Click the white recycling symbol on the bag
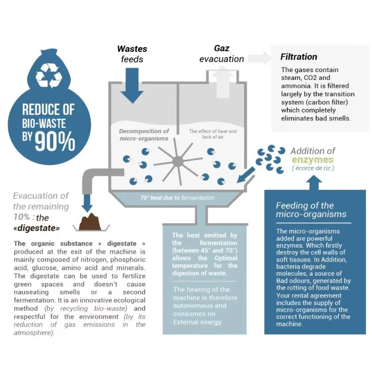[x=49, y=75]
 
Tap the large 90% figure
[x=55, y=142]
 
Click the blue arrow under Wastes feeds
[x=132, y=86]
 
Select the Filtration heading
[x=299, y=57]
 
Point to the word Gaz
[x=222, y=48]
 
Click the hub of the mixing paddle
[x=178, y=161]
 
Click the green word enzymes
[x=312, y=160]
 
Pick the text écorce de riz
[x=313, y=168]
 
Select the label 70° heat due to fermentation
[x=178, y=198]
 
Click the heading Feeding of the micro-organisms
[x=311, y=210]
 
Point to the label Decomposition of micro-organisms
[x=144, y=135]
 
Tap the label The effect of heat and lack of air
[x=213, y=134]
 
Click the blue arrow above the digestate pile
[x=87, y=203]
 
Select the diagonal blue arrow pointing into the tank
[x=246, y=175]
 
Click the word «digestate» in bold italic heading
[x=37, y=228]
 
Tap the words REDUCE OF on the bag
[x=48, y=110]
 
